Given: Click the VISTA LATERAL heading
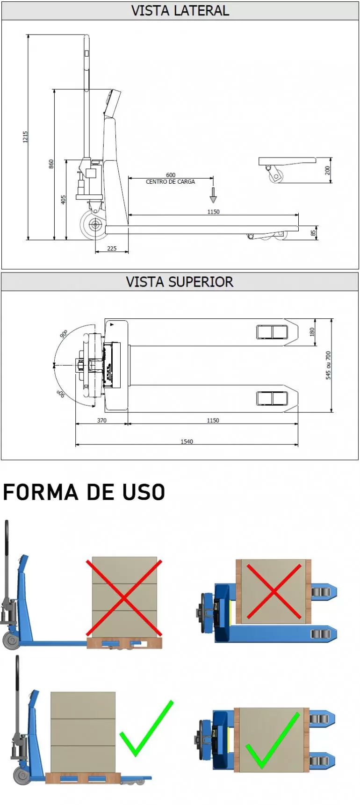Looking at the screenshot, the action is click(180, 11).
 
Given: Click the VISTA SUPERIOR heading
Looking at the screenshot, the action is click(180, 282).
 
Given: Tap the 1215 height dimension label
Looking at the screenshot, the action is click(26, 137).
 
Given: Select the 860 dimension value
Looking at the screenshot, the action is click(51, 164).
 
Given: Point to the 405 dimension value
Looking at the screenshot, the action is click(64, 200).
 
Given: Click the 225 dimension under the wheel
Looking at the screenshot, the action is click(112, 248).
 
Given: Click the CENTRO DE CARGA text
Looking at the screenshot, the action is click(170, 182).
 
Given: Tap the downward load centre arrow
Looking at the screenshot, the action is click(213, 195).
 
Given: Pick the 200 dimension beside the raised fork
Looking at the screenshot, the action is click(327, 170).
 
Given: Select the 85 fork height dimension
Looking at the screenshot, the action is click(313, 232).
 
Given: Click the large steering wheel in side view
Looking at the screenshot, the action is click(95, 225).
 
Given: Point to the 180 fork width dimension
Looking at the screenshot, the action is click(312, 332).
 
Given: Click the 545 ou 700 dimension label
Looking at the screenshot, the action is click(328, 365).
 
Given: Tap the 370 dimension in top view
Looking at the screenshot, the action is click(101, 420).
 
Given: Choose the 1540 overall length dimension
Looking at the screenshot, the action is click(187, 441).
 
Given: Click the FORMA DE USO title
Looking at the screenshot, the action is click(84, 492).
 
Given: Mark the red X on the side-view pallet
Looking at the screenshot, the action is click(124, 598).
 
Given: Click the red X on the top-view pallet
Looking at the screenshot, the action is click(274, 592).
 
